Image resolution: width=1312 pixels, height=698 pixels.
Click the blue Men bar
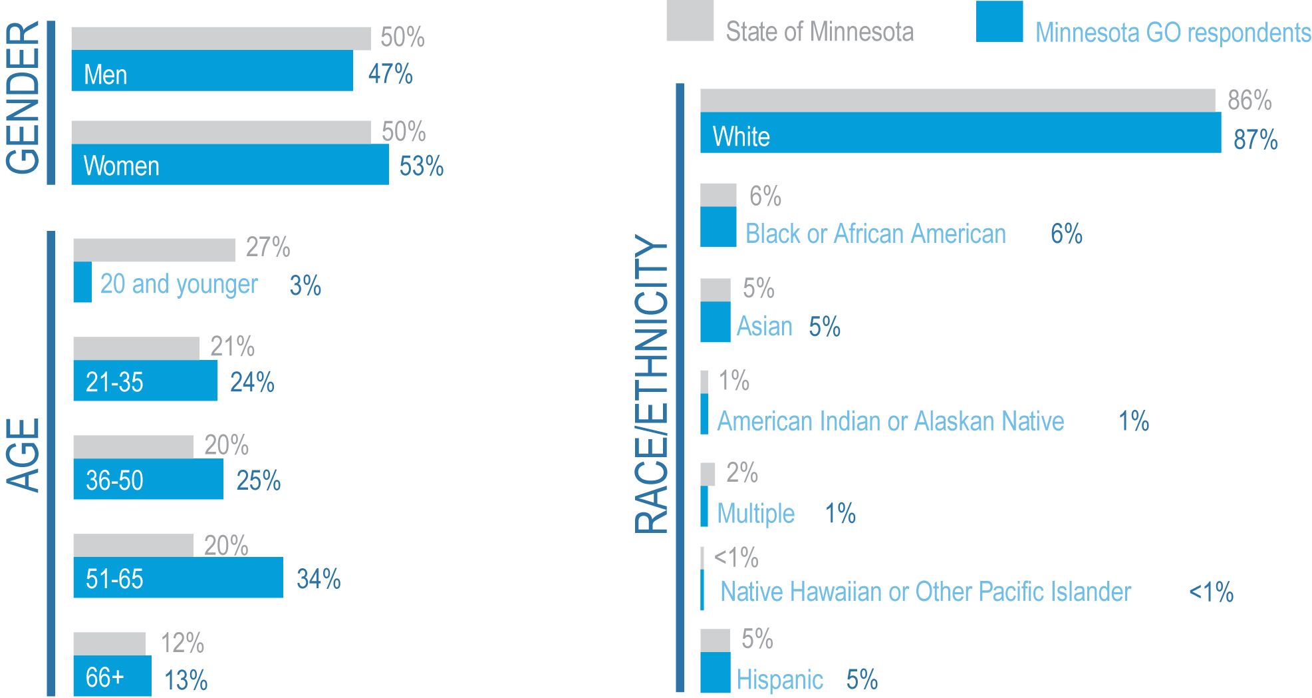211,71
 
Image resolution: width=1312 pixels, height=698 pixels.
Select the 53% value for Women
421,166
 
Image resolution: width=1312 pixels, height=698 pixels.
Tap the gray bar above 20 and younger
154,250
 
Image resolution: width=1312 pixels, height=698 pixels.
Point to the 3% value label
305,286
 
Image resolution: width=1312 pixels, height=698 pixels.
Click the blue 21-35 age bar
145,381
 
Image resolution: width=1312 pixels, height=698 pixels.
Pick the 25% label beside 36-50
259,480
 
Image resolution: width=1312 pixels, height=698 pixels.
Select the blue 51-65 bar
178,578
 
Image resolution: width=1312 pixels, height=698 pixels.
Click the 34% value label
319,579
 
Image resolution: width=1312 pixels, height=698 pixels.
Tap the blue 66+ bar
112,676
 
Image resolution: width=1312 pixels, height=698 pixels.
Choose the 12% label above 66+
182,643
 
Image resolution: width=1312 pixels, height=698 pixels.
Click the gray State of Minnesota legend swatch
690,21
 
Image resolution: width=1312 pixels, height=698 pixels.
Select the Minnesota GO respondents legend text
1173,33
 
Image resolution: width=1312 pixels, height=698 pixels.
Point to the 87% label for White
1255,140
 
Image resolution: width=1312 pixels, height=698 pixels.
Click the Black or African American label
875,234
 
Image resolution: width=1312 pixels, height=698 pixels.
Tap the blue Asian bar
715,322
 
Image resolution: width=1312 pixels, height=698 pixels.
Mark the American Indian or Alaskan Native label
890,421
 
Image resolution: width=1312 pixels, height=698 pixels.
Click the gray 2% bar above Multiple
708,474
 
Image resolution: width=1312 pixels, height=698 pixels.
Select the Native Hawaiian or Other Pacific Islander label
925,592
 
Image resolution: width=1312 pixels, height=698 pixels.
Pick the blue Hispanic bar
715,672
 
